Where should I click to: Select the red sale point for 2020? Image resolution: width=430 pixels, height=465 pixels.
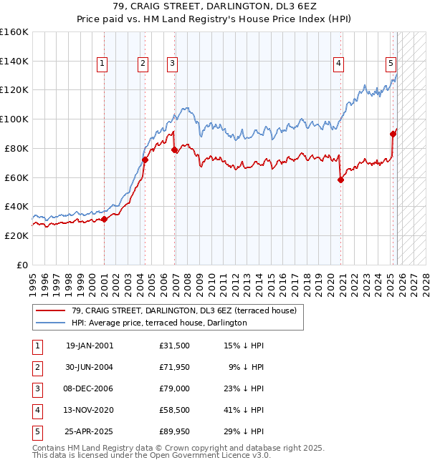340,180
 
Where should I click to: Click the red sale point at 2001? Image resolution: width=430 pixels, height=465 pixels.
104,220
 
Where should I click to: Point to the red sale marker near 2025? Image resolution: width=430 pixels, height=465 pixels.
393,134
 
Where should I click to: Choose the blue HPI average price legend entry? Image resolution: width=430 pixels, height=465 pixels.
159,323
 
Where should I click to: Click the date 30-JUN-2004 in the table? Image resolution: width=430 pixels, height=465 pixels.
90,367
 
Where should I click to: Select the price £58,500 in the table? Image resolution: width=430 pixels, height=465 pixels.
174,410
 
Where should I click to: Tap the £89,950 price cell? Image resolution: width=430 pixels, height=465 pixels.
174,431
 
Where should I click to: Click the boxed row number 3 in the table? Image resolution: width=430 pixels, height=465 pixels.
35,388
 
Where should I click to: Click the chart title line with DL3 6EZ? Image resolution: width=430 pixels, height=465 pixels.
215,7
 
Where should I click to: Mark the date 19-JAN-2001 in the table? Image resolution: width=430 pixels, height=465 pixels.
90,346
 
